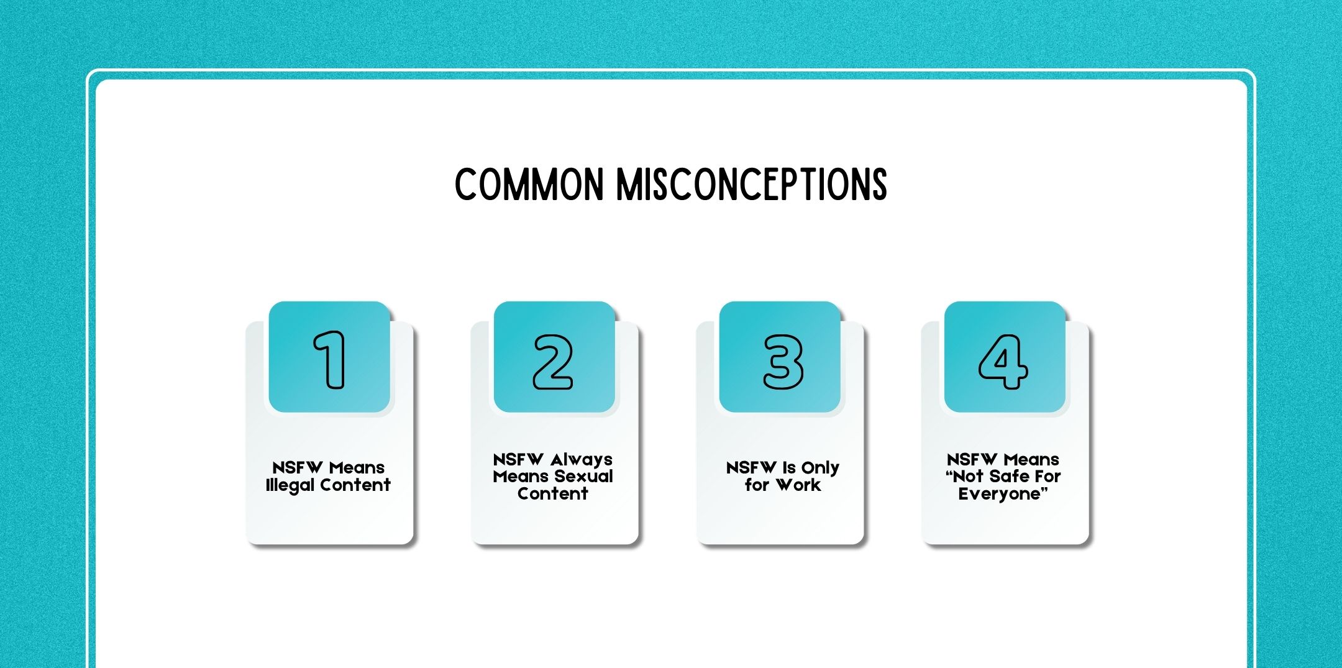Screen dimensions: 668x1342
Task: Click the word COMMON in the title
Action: pyautogui.click(x=529, y=185)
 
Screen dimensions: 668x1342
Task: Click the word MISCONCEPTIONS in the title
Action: pyautogui.click(x=751, y=185)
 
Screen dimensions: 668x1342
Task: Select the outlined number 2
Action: pyautogui.click(x=553, y=361)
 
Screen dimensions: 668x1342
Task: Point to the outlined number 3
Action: pyautogui.click(x=783, y=361)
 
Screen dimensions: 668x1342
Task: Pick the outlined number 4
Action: pyautogui.click(x=1003, y=361)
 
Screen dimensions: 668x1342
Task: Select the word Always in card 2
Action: pyautogui.click(x=581, y=460)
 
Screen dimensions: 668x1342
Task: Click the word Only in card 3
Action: pyautogui.click(x=820, y=468)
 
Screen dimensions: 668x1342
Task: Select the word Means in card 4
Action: pyautogui.click(x=1032, y=460)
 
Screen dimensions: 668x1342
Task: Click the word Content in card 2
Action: pyautogui.click(x=552, y=494)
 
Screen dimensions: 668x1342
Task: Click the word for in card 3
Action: pyautogui.click(x=757, y=485)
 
